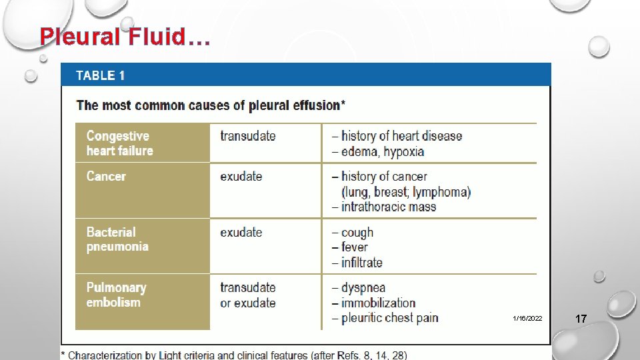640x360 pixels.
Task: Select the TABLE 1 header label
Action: [x=100, y=75]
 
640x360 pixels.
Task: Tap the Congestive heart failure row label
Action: [x=120, y=143]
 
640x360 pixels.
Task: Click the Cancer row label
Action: [x=106, y=177]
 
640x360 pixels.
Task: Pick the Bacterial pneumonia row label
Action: [x=117, y=239]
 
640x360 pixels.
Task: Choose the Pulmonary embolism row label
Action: [x=116, y=295]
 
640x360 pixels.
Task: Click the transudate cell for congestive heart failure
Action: [x=247, y=136]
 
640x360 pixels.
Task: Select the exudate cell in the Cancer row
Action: [x=241, y=177]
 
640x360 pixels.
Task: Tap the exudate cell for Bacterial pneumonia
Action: [x=241, y=233]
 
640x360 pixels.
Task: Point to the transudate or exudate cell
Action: [x=247, y=295]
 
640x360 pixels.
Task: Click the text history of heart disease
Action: [x=401, y=136]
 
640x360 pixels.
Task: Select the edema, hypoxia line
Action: [x=382, y=151]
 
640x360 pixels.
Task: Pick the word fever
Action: [x=354, y=247]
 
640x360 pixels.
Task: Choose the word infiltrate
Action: [x=361, y=263]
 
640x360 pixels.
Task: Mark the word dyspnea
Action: [x=363, y=288]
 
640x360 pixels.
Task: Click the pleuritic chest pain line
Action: [x=389, y=318]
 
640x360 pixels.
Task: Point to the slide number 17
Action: [x=581, y=319]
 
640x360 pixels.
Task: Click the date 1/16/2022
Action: [x=527, y=319]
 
